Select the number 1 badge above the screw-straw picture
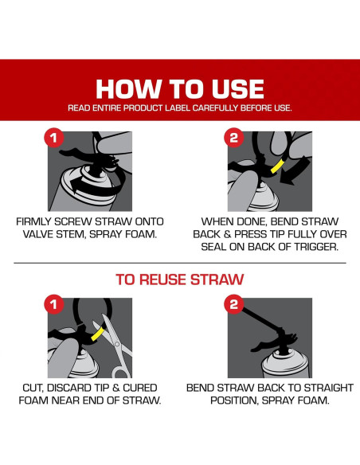[53, 138]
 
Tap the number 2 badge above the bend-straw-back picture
[233, 138]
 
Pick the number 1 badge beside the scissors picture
[53, 304]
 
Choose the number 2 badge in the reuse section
[233, 304]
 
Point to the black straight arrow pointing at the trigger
[295, 171]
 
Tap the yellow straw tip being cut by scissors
[98, 334]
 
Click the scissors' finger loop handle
[122, 372]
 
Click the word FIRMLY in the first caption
[33, 221]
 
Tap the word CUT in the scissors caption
[33, 388]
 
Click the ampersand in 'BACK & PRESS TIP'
[228, 234]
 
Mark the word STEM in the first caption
[71, 234]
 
